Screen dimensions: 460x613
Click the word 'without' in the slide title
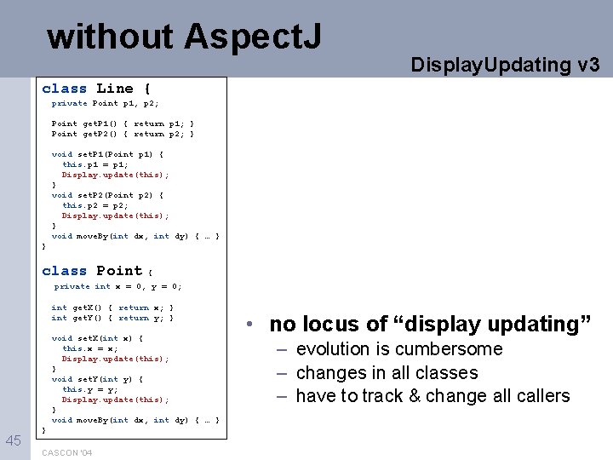click(111, 37)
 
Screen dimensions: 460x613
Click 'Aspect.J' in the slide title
click(254, 37)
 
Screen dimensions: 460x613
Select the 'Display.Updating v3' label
click(506, 64)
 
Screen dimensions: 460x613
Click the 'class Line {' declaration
click(96, 89)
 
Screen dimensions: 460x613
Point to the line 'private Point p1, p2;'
click(105, 103)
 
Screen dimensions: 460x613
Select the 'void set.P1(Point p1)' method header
click(107, 154)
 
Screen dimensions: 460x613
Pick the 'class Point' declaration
click(93, 271)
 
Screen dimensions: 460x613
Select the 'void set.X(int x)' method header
click(97, 338)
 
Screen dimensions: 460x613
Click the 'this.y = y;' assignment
click(90, 389)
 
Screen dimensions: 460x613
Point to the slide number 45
click(14, 440)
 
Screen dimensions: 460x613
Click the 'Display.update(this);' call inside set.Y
click(115, 400)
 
